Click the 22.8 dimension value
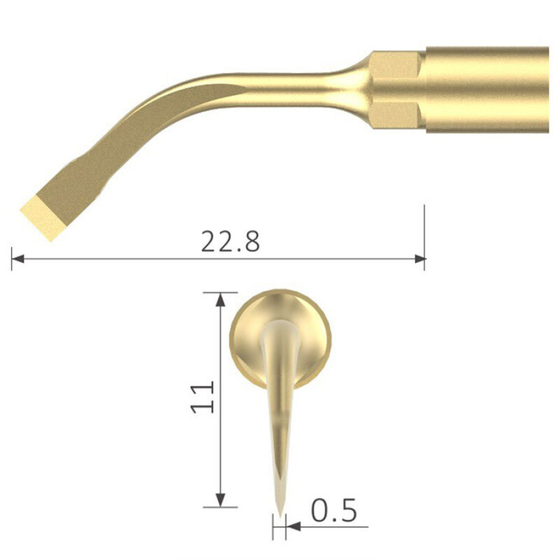click(x=230, y=241)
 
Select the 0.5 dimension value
click(x=334, y=511)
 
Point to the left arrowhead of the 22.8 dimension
click(x=18, y=258)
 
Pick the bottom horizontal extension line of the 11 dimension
click(x=222, y=507)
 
